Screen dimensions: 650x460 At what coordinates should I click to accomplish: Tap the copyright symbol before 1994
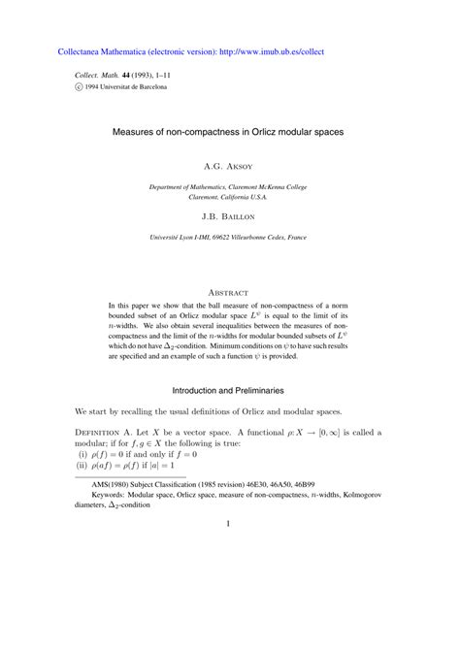[x=81, y=86]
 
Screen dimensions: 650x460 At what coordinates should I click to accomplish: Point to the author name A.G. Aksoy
[x=229, y=167]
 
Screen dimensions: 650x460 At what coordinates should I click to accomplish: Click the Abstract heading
[x=229, y=291]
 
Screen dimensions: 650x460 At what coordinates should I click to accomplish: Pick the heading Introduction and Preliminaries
[x=229, y=389]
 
